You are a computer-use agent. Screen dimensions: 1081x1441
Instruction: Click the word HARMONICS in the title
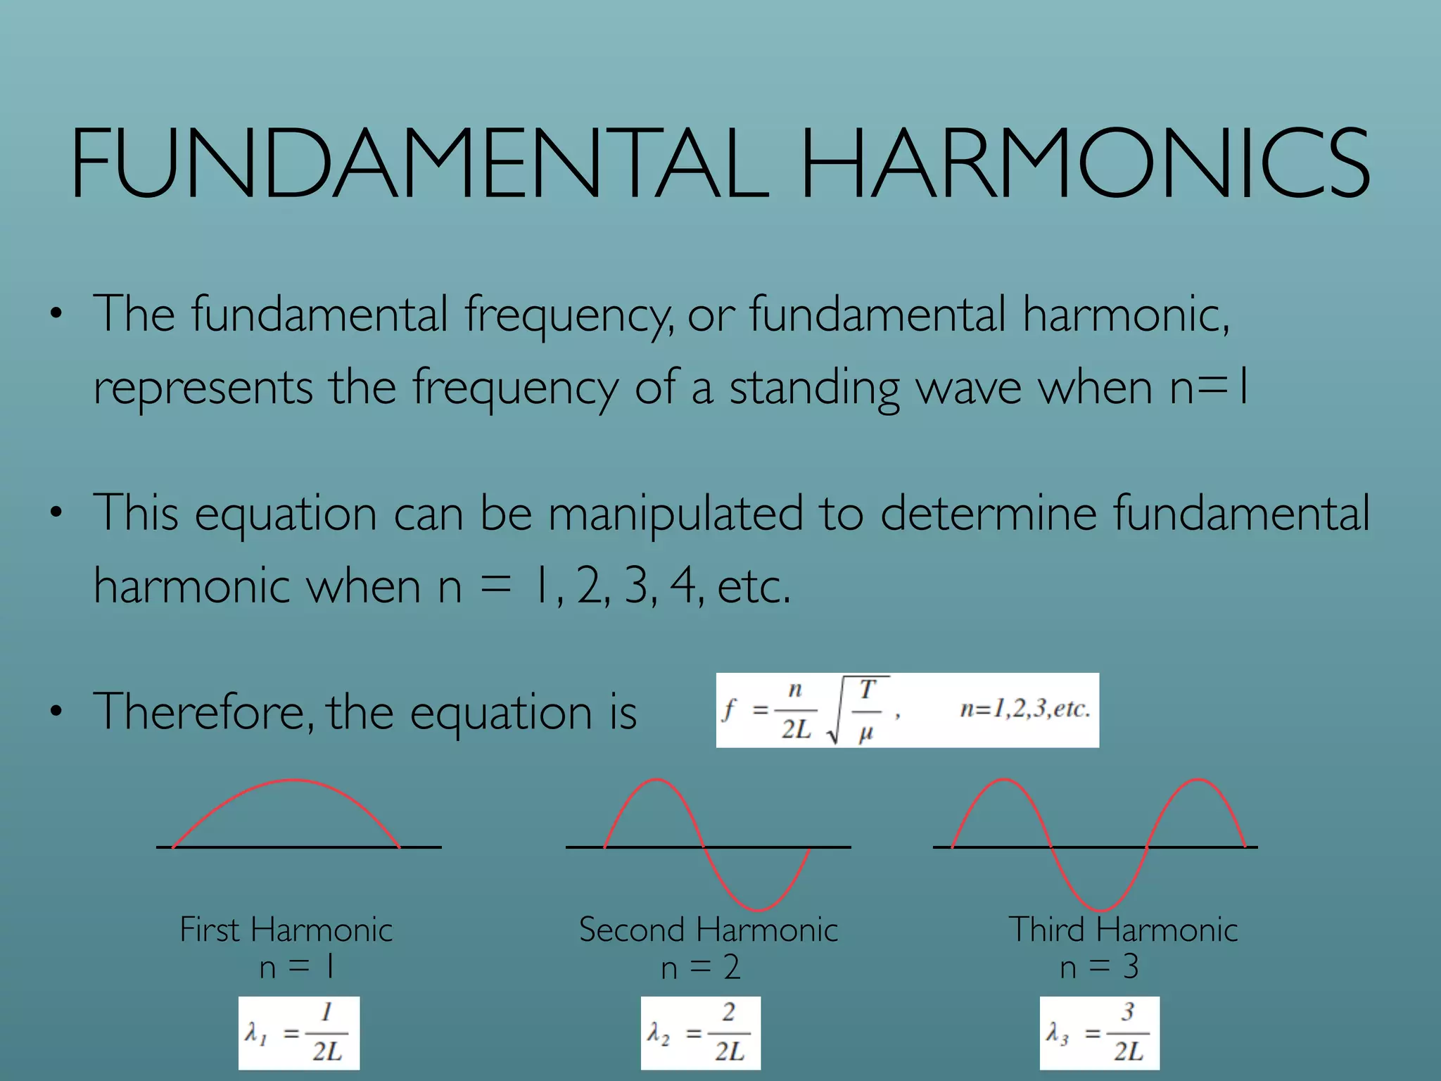coord(1084,163)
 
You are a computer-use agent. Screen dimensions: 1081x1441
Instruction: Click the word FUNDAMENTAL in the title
coord(419,163)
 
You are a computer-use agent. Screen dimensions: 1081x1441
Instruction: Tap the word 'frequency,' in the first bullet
coord(569,315)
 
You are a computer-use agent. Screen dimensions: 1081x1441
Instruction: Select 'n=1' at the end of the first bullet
coord(1210,387)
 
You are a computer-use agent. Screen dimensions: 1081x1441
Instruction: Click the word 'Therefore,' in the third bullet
coord(203,712)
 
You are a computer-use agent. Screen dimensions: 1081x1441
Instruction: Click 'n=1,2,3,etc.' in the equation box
coord(1024,709)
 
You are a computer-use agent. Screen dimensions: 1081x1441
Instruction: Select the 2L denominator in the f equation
coord(796,730)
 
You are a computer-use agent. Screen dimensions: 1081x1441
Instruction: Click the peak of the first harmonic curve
coord(291,780)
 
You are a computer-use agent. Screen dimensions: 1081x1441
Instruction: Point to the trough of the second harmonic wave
coord(758,909)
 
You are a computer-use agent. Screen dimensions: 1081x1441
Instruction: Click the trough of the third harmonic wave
coord(1100,909)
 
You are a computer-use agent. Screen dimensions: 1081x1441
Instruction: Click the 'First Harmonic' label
coord(286,930)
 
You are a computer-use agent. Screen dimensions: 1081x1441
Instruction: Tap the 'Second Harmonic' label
coord(708,930)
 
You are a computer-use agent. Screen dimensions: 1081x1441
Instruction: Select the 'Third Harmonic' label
coord(1123,930)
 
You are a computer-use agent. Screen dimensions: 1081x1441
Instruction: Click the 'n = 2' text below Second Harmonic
coord(700,968)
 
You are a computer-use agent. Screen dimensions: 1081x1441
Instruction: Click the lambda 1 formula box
coord(299,1033)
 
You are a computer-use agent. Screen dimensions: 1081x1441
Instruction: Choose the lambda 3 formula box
coord(1099,1033)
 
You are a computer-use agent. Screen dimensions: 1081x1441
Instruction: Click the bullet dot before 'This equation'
coord(56,513)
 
